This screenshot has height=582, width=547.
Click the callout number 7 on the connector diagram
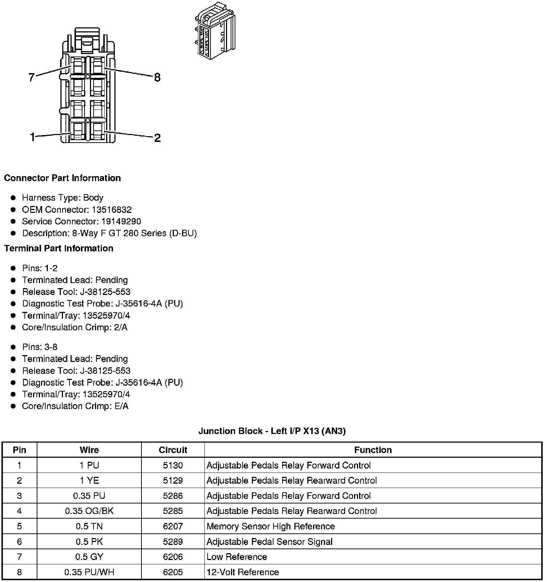[32, 77]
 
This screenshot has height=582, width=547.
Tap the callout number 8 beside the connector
[157, 77]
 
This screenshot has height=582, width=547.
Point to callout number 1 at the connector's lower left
[33, 137]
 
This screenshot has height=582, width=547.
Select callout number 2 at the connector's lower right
[157, 138]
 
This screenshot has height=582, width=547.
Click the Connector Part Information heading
[62, 178]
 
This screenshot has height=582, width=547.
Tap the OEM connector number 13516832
[112, 210]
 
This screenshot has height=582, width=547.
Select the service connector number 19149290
[121, 221]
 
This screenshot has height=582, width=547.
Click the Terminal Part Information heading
[59, 248]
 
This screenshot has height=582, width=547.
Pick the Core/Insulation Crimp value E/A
[121, 406]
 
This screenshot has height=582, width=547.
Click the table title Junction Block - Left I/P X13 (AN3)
[272, 431]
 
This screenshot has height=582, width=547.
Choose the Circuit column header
[173, 450]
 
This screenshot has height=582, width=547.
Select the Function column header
[373, 450]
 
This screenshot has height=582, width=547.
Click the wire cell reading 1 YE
[89, 480]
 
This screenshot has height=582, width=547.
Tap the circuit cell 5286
[173, 496]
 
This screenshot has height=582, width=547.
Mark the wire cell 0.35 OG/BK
[89, 511]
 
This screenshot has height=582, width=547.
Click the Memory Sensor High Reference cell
[271, 526]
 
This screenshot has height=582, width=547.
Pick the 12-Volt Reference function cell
[243, 572]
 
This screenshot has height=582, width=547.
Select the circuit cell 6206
[173, 557]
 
